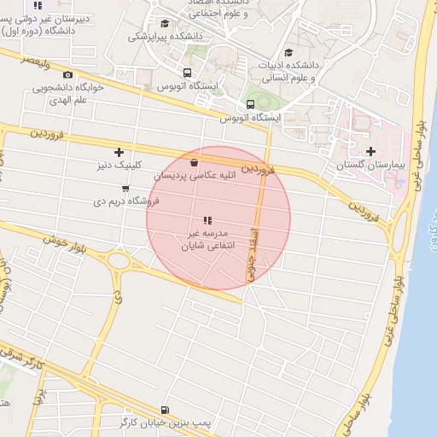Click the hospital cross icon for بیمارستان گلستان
370,151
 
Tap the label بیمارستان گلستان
368,164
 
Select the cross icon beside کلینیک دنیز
118,152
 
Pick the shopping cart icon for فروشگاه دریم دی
125,189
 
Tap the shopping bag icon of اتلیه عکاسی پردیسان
195,162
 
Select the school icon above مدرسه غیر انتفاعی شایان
205,220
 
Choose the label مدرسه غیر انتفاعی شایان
205,238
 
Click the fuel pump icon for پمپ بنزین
164,410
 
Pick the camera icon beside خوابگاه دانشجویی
67,75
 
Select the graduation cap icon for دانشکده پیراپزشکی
165,24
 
